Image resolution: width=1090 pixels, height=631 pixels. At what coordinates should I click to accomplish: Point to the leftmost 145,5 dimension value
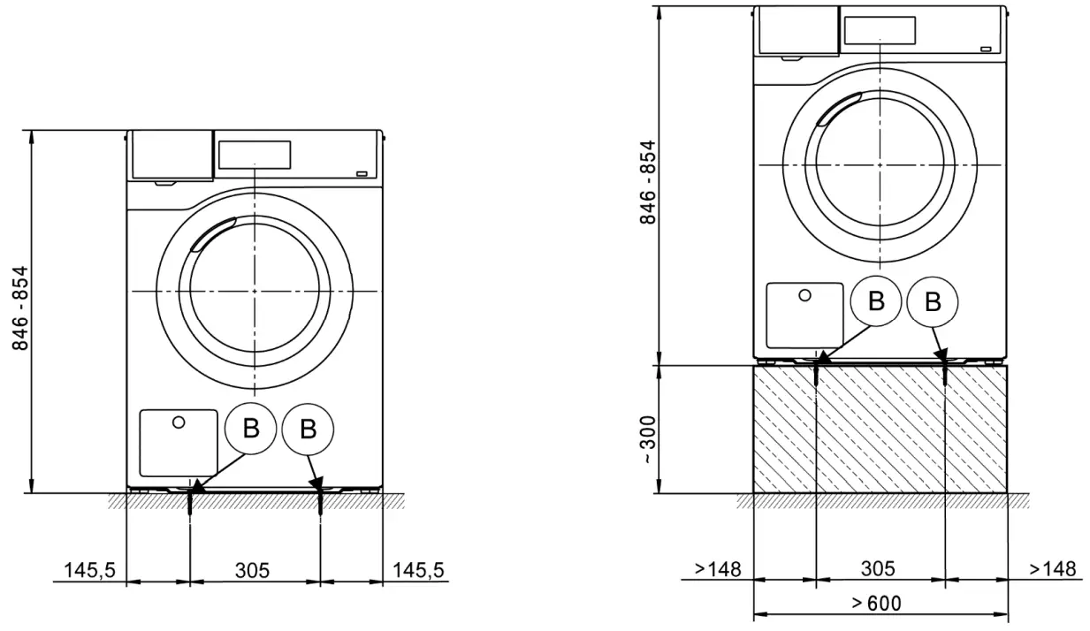[89, 571]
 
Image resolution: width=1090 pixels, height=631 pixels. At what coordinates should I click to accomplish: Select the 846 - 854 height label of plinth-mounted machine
[650, 182]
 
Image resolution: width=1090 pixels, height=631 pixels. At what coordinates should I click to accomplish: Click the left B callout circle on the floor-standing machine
[251, 430]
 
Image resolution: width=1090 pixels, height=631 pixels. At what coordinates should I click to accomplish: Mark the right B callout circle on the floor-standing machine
[308, 430]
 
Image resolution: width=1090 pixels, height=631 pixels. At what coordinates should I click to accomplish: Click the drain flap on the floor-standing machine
[179, 442]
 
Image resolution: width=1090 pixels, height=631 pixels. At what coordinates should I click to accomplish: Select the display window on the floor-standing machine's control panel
[254, 155]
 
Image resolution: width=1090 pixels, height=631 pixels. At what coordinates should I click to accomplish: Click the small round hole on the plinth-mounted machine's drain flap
[804, 295]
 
